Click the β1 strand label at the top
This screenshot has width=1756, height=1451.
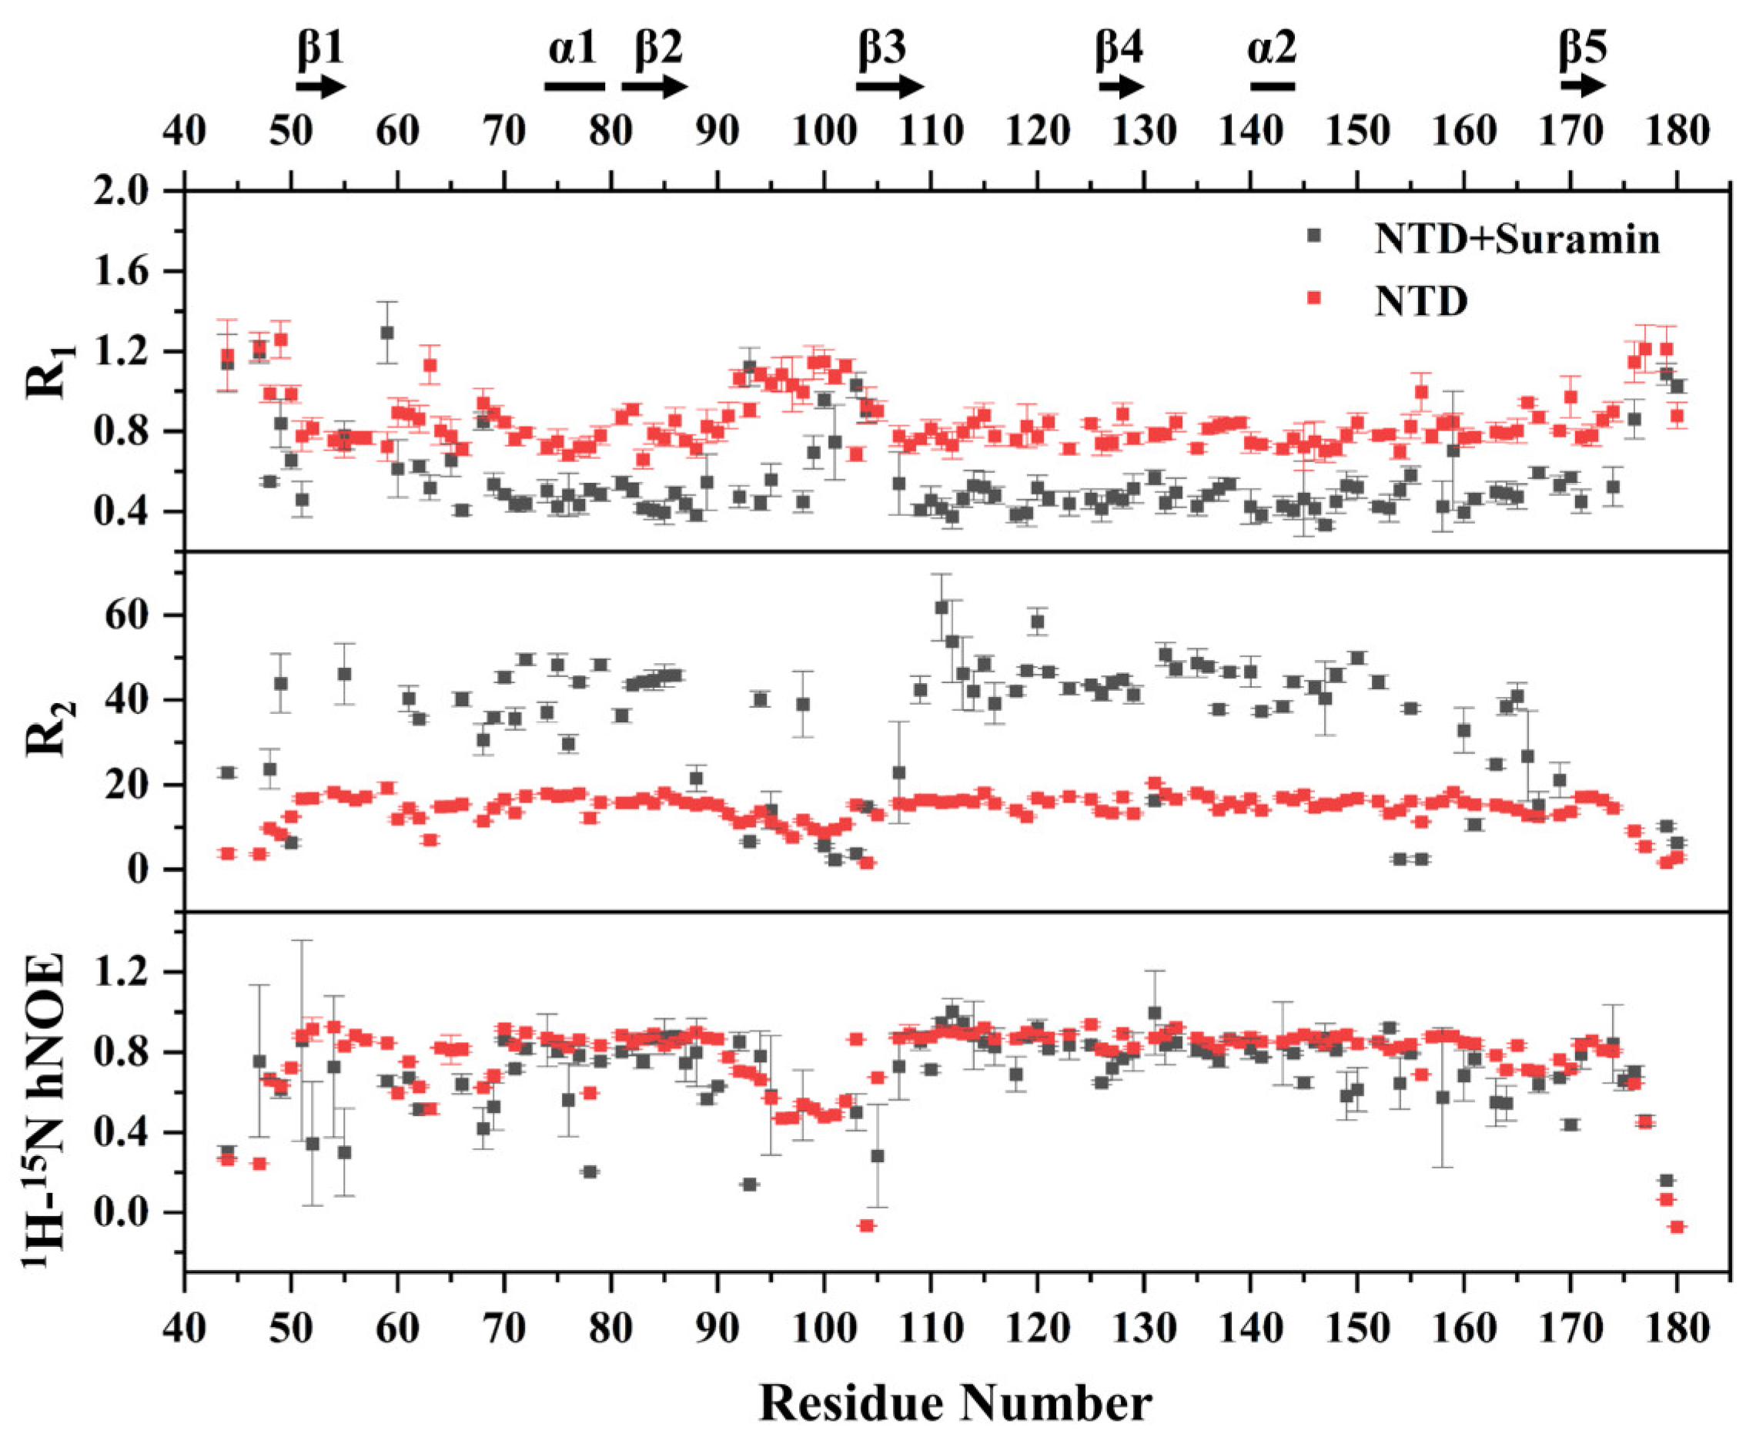321,49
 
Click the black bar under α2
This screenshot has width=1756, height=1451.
1272,86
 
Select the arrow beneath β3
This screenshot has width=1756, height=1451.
890,86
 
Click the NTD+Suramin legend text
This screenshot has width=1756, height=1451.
1517,239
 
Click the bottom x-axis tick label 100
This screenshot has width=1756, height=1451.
823,1328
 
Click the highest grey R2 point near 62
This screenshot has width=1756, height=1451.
942,608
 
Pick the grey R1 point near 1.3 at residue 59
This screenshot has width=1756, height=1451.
386,332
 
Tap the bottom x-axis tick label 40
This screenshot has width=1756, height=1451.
185,1328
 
